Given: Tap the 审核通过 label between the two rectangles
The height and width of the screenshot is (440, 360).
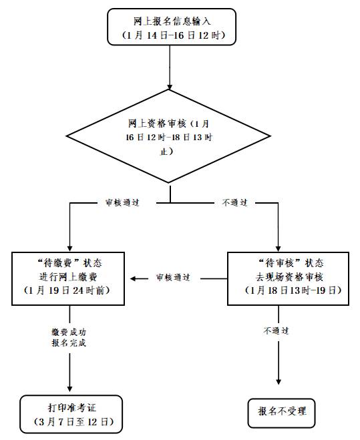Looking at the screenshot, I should click(x=173, y=276).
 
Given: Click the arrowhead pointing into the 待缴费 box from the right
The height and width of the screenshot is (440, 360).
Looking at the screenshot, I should click(x=134, y=276).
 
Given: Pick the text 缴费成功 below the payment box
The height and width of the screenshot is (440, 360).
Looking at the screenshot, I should click(x=69, y=332).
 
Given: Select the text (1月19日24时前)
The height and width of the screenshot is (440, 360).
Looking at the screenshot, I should click(x=69, y=291).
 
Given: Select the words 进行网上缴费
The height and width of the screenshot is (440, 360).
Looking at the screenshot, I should click(x=69, y=276).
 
